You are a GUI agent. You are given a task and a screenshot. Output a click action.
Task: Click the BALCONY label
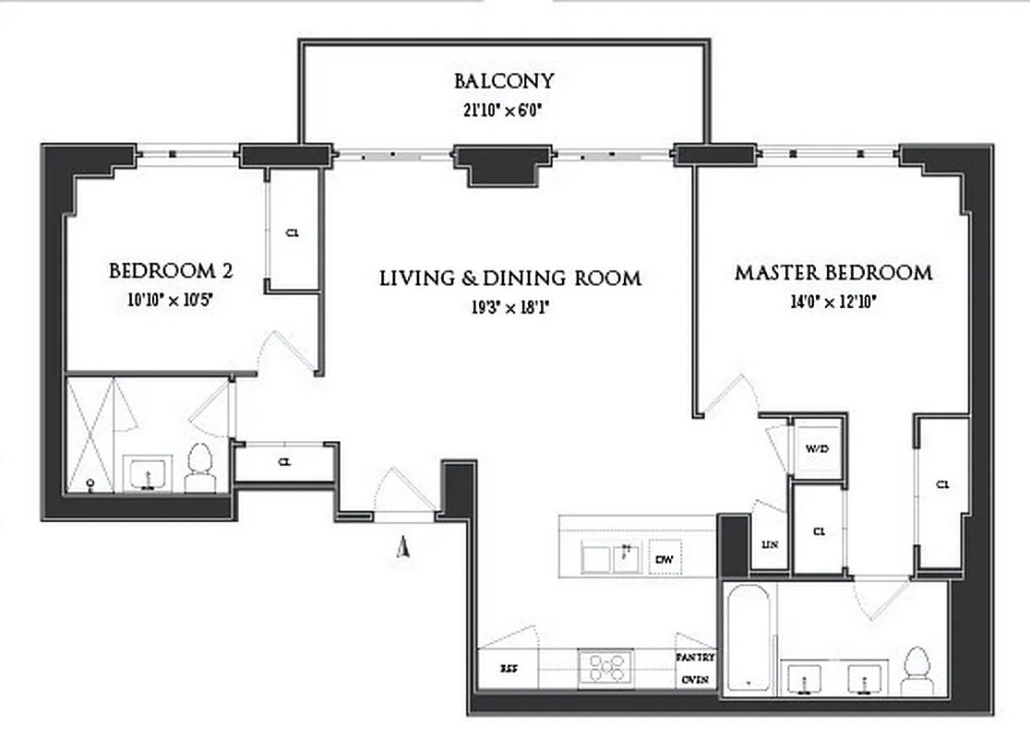(x=503, y=80)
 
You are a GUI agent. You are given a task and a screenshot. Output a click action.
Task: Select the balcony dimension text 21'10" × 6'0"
(x=503, y=108)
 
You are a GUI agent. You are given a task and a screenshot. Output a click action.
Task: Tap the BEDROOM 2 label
(x=171, y=271)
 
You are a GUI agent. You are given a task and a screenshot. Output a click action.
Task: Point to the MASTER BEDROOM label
(x=832, y=273)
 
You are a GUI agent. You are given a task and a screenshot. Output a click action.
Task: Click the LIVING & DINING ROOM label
(x=510, y=278)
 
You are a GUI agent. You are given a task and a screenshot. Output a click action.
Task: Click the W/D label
(x=818, y=449)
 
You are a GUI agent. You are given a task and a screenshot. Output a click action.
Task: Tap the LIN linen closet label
(x=770, y=545)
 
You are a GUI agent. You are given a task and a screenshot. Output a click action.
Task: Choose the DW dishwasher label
(x=664, y=559)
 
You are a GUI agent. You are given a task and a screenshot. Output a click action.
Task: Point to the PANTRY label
(x=696, y=658)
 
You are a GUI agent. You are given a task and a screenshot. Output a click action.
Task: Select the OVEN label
(x=696, y=680)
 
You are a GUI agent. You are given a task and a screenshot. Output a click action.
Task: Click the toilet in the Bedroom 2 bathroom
(x=199, y=469)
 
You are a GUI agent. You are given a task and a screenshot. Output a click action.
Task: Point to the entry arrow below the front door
(x=402, y=548)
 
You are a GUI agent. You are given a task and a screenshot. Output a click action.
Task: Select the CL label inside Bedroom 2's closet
(x=293, y=232)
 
